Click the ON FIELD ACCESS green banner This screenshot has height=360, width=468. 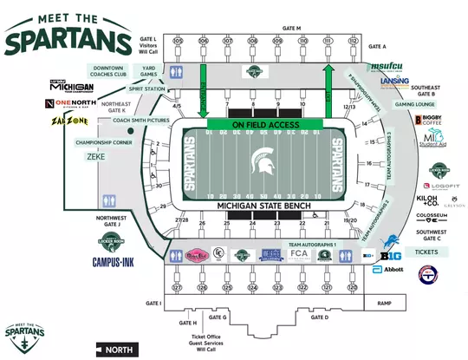point(265,125)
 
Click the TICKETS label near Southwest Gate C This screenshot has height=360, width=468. point(427,252)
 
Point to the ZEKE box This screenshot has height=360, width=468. point(95,158)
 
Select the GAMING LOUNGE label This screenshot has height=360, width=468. point(413,104)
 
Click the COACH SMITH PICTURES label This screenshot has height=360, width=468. point(135,120)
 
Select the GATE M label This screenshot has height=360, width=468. point(291,29)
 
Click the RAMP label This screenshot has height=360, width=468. point(385,303)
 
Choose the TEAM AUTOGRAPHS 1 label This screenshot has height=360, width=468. point(311,245)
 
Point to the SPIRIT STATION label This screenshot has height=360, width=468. point(147,89)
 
